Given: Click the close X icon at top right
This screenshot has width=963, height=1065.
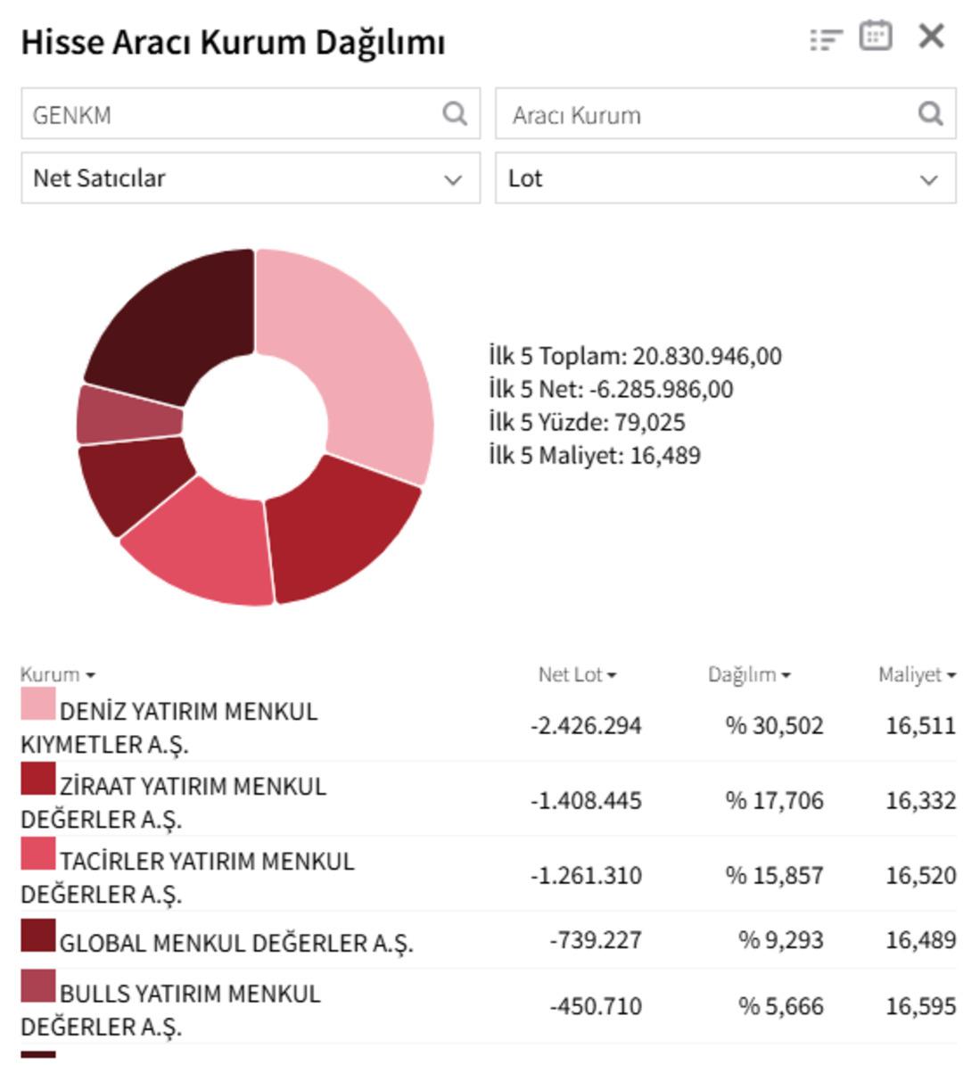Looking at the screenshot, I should click(931, 37).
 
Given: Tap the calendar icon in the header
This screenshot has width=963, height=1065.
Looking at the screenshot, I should click(875, 37).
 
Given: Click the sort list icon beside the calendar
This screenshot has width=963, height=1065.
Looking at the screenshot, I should click(826, 39).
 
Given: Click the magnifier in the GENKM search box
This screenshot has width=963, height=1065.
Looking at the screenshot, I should click(455, 113).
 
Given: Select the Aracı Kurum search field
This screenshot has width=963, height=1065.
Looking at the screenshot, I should click(704, 114).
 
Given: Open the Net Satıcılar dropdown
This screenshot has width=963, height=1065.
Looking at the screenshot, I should click(251, 178).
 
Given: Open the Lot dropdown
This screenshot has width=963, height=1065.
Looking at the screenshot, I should click(725, 178).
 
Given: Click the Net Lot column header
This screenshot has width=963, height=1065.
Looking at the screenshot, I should click(577, 675).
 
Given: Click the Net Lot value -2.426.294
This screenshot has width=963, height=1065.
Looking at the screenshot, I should click(586, 726).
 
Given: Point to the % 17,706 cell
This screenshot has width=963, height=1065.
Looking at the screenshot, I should click(774, 801).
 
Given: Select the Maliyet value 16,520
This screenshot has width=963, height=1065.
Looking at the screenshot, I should click(920, 876).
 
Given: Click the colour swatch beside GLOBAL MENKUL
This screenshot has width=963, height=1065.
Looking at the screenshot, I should click(38, 937).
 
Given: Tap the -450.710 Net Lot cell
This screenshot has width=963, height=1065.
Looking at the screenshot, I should click(595, 1007).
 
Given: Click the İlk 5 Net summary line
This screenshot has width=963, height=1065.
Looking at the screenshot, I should click(611, 390).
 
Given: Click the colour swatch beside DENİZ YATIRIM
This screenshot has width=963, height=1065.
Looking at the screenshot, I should click(38, 704).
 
